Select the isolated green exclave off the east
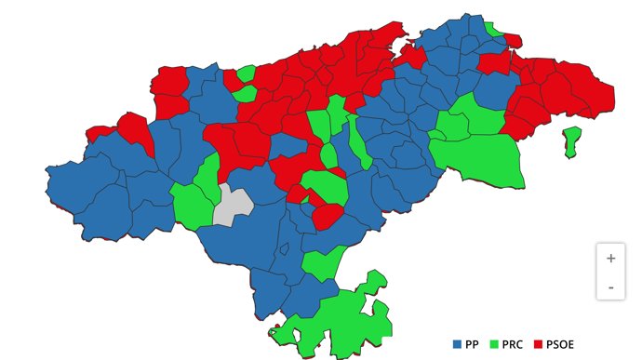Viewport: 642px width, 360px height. point(571,141)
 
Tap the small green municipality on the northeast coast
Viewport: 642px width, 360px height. point(493,28)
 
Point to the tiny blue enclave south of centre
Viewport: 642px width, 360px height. point(286,248)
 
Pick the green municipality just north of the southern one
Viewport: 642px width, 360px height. point(322,263)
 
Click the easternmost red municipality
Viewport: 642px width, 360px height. point(595,93)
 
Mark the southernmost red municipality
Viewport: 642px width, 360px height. point(327,216)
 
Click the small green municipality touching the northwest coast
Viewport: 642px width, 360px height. point(247,73)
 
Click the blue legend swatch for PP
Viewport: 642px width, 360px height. point(457,344)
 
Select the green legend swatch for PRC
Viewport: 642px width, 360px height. point(494,344)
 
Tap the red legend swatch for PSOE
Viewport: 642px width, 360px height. point(539,344)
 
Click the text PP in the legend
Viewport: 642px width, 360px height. point(472,344)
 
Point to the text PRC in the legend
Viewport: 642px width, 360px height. point(513,344)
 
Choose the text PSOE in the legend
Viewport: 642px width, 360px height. point(561,344)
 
